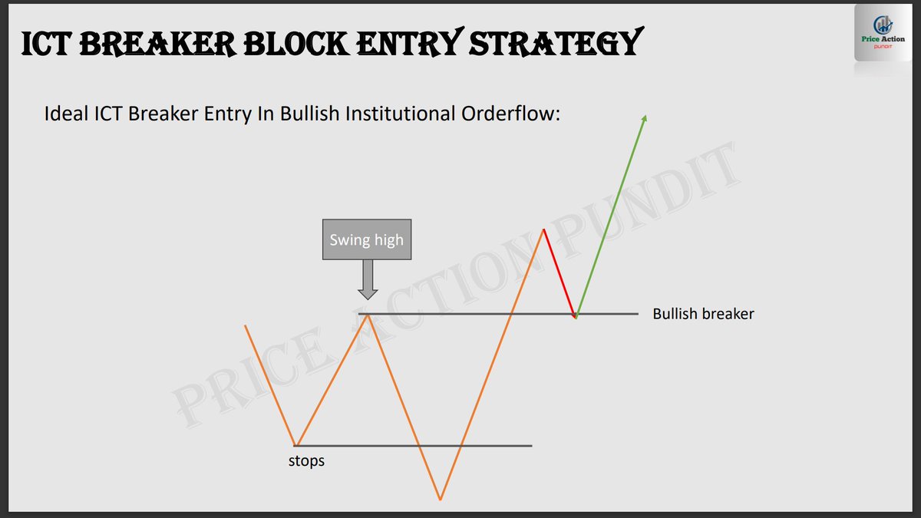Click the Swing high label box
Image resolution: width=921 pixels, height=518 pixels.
pyautogui.click(x=366, y=240)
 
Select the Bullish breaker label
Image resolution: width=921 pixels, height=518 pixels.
pyautogui.click(x=703, y=314)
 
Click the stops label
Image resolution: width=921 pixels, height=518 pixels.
pyautogui.click(x=306, y=461)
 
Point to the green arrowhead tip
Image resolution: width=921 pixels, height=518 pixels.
pyautogui.click(x=645, y=117)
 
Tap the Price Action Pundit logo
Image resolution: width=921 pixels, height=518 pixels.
pyautogui.click(x=885, y=43)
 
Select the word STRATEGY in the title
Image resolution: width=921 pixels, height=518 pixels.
pyautogui.click(x=553, y=44)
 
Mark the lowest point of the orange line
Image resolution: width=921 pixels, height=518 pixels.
pyautogui.click(x=441, y=500)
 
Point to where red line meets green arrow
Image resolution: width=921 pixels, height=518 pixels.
pyautogui.click(x=576, y=316)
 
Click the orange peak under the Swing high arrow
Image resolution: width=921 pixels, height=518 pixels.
pyautogui.click(x=368, y=314)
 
